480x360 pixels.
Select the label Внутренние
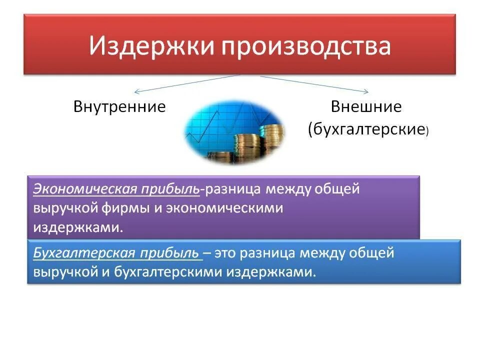point(119,107)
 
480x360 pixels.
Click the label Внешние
point(366,107)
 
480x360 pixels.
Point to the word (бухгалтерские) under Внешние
point(368,130)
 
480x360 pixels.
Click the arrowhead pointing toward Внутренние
point(136,91)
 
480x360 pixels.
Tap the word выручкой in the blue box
point(62,272)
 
